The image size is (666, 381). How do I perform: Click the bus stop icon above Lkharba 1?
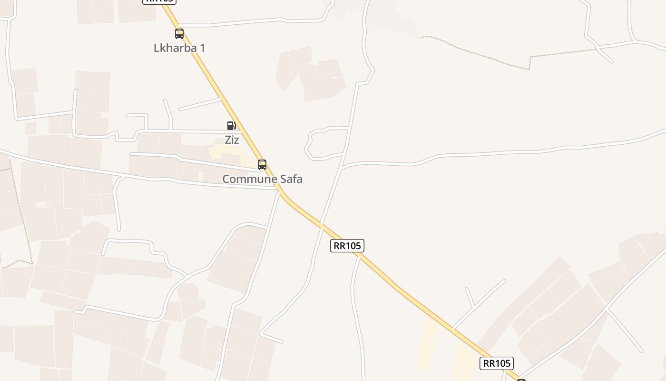click(179, 34)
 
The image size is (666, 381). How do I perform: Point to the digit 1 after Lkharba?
click(202, 48)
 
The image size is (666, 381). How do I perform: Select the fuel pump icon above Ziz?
click(231, 126)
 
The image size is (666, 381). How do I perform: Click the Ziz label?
click(232, 140)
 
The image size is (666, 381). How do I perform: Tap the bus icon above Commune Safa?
click(262, 165)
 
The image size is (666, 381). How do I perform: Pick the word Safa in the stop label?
click(290, 179)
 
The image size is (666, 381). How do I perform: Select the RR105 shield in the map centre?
click(347, 246)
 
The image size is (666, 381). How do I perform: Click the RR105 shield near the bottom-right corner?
click(496, 363)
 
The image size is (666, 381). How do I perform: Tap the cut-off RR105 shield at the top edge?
click(159, 1)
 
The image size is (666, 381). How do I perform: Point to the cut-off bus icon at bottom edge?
click(521, 380)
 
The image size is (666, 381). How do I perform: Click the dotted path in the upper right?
click(476, 52)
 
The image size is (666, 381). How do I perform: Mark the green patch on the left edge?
click(0, 258)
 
